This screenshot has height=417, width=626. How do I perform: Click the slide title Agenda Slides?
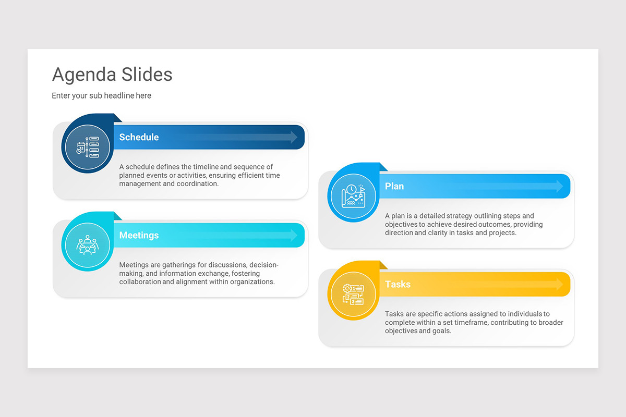coord(112,75)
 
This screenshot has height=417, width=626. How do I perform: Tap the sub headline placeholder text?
coord(101,96)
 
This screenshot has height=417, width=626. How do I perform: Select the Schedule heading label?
coord(139,137)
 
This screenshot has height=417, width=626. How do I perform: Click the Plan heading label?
coord(394,186)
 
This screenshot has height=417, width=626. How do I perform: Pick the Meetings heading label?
coord(139,235)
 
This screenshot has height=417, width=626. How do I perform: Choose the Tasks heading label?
coord(398,284)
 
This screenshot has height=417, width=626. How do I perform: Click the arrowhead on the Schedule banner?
coord(293,137)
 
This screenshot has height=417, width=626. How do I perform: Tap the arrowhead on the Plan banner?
coord(559,186)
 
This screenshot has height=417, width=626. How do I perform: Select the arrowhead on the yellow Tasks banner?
coord(559,284)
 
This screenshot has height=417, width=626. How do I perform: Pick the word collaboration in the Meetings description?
coord(140,282)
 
